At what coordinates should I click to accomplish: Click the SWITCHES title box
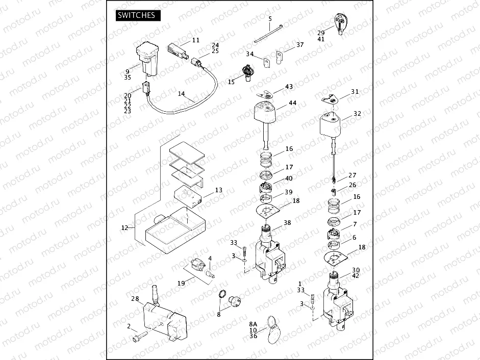[136, 15]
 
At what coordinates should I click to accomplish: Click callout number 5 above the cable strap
[270, 19]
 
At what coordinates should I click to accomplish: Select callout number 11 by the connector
[196, 40]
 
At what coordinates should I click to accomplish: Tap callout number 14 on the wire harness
[181, 94]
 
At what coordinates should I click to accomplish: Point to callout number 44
[292, 103]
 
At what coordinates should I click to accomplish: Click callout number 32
[357, 114]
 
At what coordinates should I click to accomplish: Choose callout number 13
[219, 190]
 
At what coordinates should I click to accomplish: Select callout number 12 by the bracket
[124, 228]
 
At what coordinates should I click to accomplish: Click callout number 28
[135, 298]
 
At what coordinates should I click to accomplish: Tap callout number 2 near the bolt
[129, 326]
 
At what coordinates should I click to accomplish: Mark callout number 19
[181, 283]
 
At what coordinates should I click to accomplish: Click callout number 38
[287, 223]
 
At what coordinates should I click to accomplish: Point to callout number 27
[352, 175]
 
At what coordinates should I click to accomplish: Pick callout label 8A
[253, 324]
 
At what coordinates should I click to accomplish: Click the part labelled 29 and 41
[340, 21]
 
